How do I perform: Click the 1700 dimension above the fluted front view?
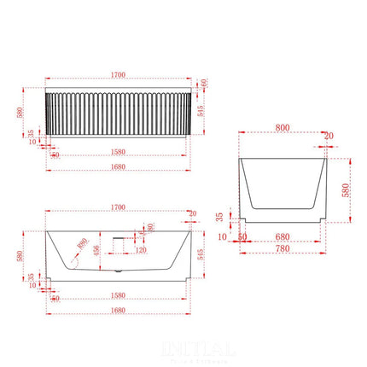[119, 74]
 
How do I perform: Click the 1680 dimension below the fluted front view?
[119, 167]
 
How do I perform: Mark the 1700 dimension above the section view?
[119, 207]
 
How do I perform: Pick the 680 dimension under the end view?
[283, 237]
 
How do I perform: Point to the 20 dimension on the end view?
[329, 135]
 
